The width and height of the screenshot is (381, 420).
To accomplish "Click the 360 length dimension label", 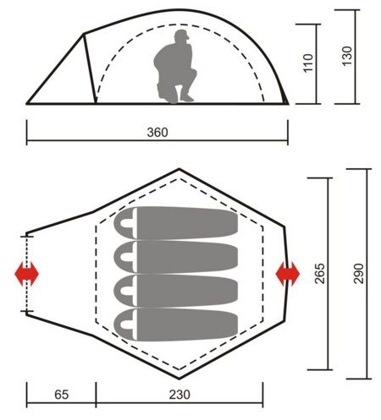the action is [157, 132].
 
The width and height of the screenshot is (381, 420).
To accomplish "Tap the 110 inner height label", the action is [308, 63].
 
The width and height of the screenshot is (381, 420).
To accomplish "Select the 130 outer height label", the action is [347, 56].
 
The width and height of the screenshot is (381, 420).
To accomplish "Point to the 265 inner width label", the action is [320, 274].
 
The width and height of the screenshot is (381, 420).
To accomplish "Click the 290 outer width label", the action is [358, 274].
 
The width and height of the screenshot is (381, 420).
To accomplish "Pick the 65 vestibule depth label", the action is [61, 395].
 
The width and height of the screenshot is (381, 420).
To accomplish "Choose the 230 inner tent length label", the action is [179, 395].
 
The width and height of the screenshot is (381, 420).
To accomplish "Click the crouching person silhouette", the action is [175, 67].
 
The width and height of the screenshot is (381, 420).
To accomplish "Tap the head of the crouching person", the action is [181, 35].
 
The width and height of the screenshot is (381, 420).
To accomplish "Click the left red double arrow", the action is [26, 274].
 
